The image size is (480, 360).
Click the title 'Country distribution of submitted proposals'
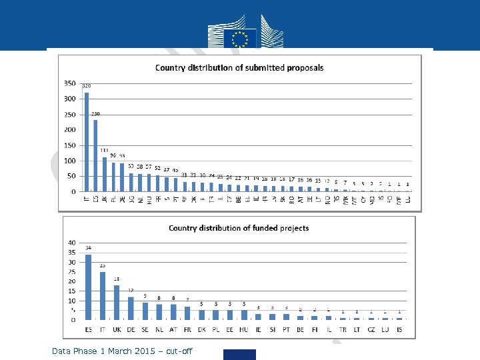click(x=239, y=67)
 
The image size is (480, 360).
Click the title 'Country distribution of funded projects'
click(x=239, y=228)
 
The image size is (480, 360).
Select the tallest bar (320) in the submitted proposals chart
click(x=87, y=142)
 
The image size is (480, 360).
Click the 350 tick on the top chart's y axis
click(x=70, y=83)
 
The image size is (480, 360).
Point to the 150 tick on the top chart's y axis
click(x=70, y=145)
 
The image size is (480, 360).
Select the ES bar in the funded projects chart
click(x=89, y=287)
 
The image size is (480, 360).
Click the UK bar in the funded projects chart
click(x=117, y=302)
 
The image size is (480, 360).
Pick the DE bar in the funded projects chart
click(x=131, y=308)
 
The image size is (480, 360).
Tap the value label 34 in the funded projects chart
click(x=88, y=248)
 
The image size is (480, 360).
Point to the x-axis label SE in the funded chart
click(x=145, y=329)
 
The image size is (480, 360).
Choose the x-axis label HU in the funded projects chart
click(x=244, y=329)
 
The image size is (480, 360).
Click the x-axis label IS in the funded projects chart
click(x=399, y=329)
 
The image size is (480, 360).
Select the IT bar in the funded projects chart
click(x=103, y=295)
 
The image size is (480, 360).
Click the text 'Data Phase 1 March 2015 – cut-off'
click(x=122, y=351)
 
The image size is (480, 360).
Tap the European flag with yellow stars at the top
click(x=239, y=37)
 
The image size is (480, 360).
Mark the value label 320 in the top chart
click(x=87, y=86)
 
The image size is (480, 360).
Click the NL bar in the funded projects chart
click(x=159, y=311)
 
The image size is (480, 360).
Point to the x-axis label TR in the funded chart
click(x=343, y=329)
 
